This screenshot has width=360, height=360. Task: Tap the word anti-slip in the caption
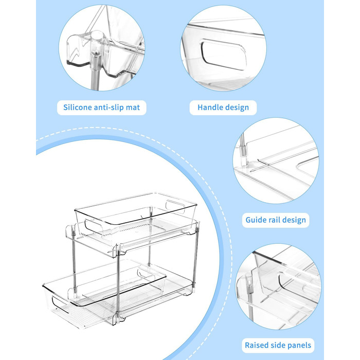tap(109, 107)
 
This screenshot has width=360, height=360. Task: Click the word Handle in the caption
tap(209, 107)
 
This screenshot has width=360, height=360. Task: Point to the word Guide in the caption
tap(255, 220)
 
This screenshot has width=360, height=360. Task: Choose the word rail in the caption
tap(273, 220)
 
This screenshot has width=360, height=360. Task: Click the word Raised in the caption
tap(256, 345)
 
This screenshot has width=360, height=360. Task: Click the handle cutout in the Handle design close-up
tap(223, 54)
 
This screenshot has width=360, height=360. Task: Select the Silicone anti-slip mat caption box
tap(102, 107)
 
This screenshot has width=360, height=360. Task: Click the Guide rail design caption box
tap(276, 220)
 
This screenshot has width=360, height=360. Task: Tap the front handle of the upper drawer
tap(94, 226)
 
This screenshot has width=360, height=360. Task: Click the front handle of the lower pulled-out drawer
tap(60, 305)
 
